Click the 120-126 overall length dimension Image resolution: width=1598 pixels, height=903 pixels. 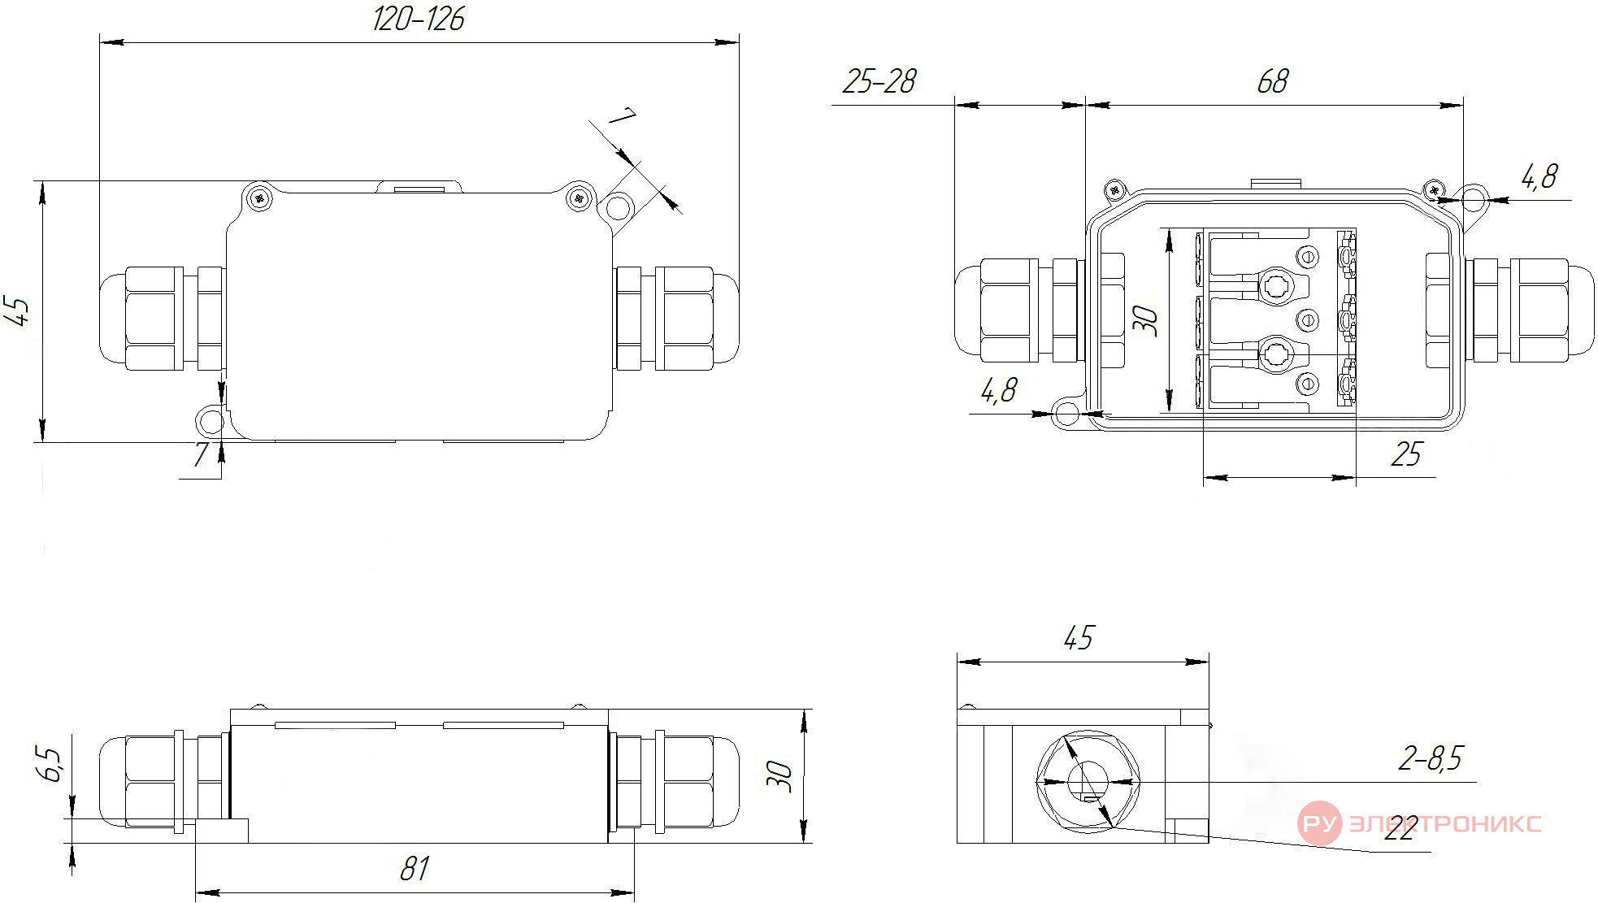(419, 20)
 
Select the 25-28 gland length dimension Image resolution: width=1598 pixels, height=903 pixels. (879, 81)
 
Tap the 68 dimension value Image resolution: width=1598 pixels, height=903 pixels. (1272, 81)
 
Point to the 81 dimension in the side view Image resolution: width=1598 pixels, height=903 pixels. (415, 869)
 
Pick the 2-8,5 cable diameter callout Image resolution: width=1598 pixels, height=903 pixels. (1431, 758)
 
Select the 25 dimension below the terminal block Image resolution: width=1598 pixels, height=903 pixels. (1407, 454)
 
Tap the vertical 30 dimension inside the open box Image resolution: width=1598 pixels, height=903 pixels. (1145, 320)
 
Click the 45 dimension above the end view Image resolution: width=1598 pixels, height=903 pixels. (1079, 638)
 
